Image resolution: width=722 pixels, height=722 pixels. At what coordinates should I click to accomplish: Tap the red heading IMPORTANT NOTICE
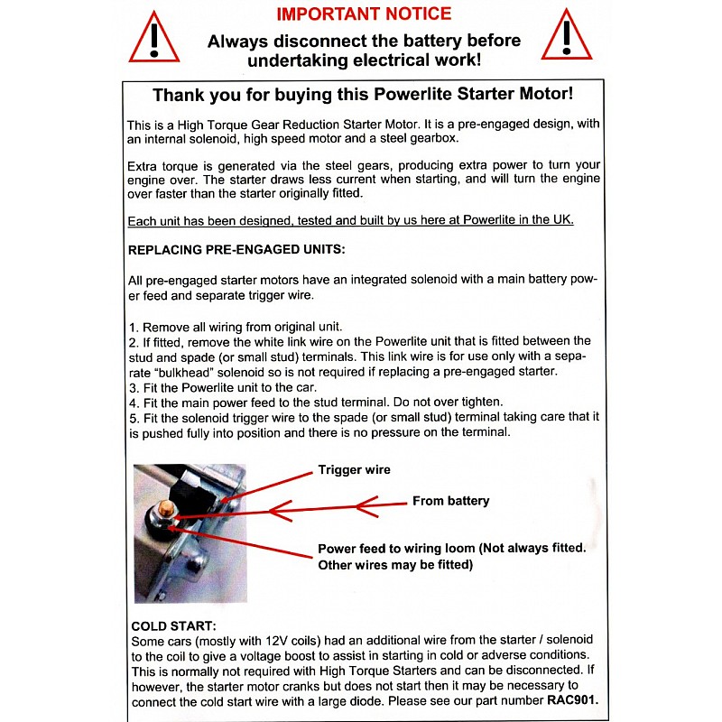point(364,14)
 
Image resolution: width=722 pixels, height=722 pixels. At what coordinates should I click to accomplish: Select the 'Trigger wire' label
point(354,470)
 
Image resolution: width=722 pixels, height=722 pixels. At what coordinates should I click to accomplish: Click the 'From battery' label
point(450,501)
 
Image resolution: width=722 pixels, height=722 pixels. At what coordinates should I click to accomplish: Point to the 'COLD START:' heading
point(173,626)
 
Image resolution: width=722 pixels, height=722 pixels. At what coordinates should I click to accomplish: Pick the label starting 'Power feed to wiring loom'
point(452,549)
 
